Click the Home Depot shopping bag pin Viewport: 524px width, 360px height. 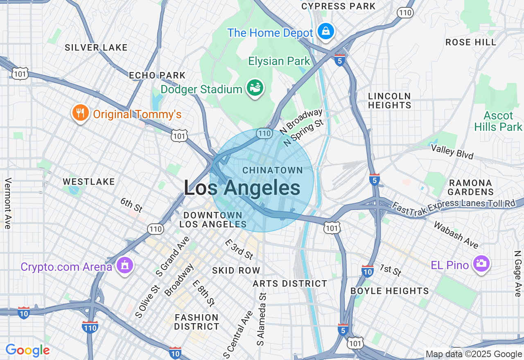click(325, 31)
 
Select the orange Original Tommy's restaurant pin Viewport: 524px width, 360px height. click(80, 112)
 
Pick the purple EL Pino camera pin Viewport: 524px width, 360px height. click(481, 264)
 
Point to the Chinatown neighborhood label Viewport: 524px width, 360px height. click(273, 170)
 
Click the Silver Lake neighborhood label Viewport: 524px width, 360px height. click(96, 47)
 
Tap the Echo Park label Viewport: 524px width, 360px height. click(157, 76)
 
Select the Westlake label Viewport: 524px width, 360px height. click(89, 182)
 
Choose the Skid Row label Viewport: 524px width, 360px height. click(236, 270)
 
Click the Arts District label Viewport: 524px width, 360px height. click(290, 283)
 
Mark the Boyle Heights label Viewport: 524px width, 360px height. click(390, 291)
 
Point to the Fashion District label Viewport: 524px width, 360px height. click(197, 322)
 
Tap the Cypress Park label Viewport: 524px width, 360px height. click(338, 6)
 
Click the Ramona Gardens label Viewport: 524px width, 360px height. click(470, 187)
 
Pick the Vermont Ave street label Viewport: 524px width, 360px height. click(8, 203)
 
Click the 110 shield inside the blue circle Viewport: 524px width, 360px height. click(264, 133)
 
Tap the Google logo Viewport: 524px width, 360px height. click(27, 350)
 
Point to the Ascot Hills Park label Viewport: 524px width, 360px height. click(498, 122)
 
